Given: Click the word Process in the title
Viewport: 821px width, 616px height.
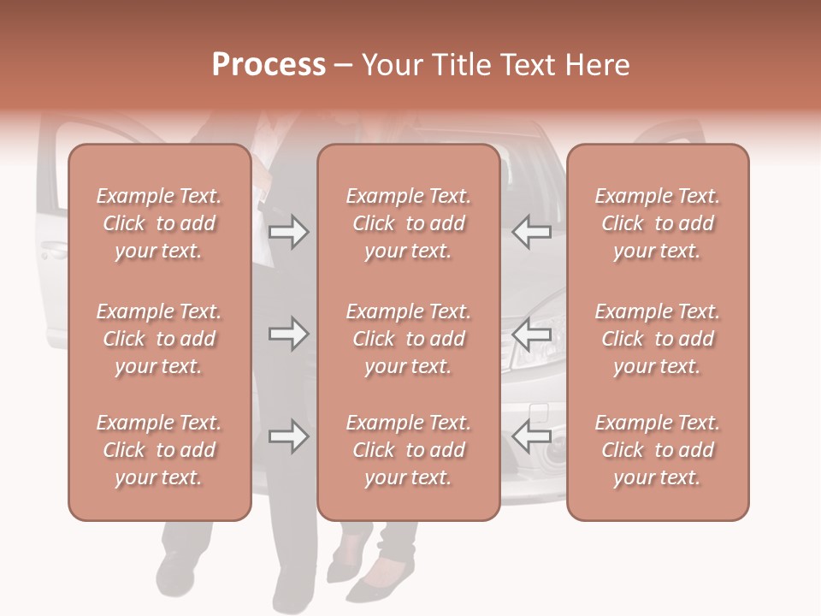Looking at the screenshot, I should coord(269,64).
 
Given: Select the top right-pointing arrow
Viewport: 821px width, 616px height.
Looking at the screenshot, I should coord(288,231).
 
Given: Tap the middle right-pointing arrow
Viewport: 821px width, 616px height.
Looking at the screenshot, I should coord(288,334).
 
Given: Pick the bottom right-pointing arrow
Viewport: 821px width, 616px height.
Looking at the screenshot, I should coord(288,436).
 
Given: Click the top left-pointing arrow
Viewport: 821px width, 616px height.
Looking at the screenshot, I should coord(531,231).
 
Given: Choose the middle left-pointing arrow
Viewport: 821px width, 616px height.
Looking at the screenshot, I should coord(531,334).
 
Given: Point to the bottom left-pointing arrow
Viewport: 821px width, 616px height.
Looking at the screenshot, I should coord(531,436).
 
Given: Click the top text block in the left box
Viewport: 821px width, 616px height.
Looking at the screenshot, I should coord(159,223).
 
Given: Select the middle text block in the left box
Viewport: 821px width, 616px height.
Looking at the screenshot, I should coord(159,339).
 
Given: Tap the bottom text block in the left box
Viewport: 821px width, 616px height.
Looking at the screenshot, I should coord(159,450).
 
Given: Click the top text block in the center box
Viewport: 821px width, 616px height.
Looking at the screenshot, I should coord(409,223).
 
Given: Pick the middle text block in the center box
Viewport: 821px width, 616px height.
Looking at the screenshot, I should coord(409,339).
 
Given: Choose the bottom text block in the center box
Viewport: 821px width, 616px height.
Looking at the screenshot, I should coord(409,450).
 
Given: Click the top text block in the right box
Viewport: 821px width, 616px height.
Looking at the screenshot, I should coord(658,223).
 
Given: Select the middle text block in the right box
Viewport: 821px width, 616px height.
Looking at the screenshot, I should coord(658,339).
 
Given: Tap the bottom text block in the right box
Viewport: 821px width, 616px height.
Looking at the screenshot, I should coord(658,450).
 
